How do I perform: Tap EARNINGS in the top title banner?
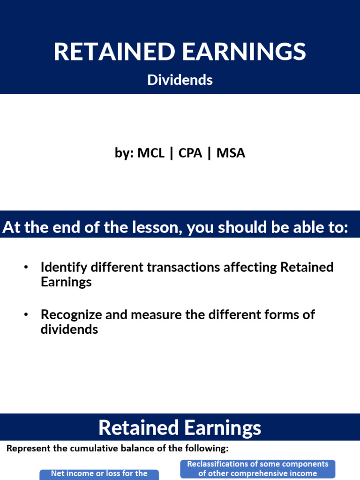pyautogui.click(x=244, y=52)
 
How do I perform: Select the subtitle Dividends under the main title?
pyautogui.click(x=180, y=80)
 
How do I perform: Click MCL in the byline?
pyautogui.click(x=151, y=153)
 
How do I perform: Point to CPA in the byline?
pyautogui.click(x=190, y=153)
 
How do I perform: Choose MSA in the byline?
pyautogui.click(x=231, y=153)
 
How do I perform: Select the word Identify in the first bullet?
pyautogui.click(x=64, y=267)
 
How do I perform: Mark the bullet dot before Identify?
pyautogui.click(x=26, y=267)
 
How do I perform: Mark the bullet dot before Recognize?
pyautogui.click(x=26, y=314)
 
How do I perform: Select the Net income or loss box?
pyautogui.click(x=99, y=474)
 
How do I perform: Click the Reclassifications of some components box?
pyautogui.click(x=258, y=469)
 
